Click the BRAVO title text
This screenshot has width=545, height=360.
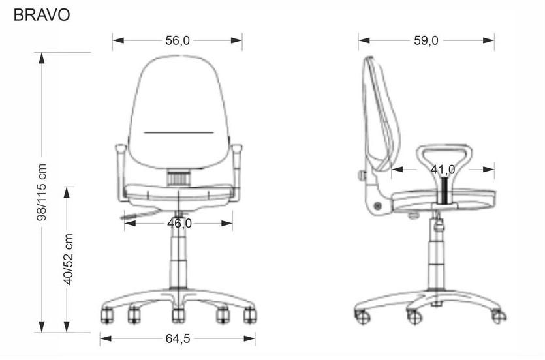(42, 15)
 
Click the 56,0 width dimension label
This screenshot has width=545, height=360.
(178, 40)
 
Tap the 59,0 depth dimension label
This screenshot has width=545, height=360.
(426, 40)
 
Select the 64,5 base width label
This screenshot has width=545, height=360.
(178, 338)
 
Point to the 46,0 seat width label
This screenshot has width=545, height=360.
(179, 224)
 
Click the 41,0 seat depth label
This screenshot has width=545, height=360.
(443, 170)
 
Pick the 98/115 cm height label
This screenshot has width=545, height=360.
(42, 192)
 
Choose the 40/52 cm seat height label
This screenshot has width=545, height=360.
(69, 260)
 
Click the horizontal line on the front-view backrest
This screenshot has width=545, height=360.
(179, 132)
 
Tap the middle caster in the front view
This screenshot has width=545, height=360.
(178, 315)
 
